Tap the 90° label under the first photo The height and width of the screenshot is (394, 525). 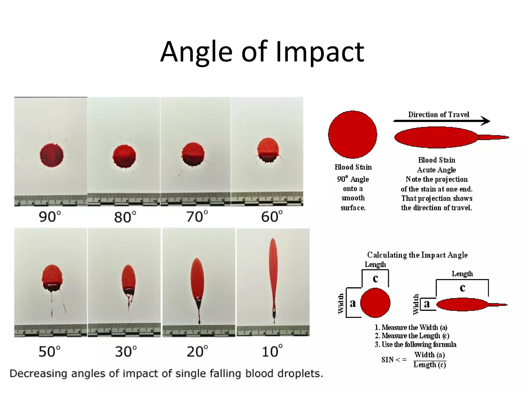[x=50, y=217]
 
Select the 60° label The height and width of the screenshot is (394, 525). [x=272, y=217]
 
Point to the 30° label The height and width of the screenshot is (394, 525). [x=126, y=352]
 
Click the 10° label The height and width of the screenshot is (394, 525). [x=272, y=352]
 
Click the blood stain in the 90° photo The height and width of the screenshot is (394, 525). [x=52, y=155]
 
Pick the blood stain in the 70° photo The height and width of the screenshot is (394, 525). [x=193, y=154]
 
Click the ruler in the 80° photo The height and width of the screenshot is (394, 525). [x=124, y=199]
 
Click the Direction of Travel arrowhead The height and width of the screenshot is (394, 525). [x=486, y=121]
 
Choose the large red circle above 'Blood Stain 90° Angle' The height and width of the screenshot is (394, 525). [x=352, y=134]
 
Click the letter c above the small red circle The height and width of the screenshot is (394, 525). [x=375, y=279]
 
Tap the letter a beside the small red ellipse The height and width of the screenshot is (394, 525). [x=427, y=304]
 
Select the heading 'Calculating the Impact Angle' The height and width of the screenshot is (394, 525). [x=417, y=255]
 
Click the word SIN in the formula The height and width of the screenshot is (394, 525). [x=387, y=360]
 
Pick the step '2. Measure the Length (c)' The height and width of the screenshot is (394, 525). [x=412, y=336]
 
